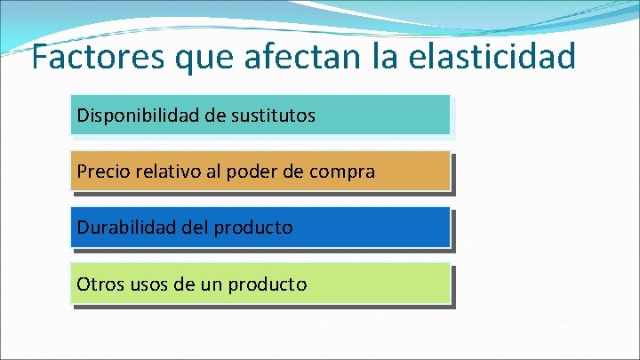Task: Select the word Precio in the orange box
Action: point(102,172)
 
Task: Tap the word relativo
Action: point(166,172)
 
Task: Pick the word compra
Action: point(342,172)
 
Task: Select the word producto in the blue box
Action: point(253,228)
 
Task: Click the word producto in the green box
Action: point(268,285)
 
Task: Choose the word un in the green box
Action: point(211,285)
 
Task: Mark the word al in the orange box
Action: point(212,172)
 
